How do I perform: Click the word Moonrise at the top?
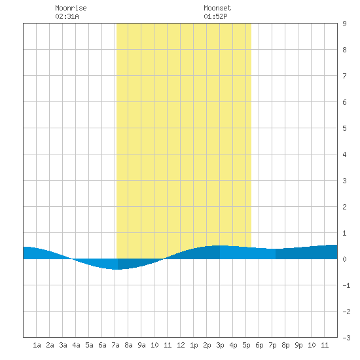pyautogui.click(x=71, y=8)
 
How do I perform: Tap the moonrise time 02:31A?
pyautogui.click(x=67, y=16)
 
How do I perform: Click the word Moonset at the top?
pyautogui.click(x=217, y=8)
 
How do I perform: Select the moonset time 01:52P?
pyautogui.click(x=215, y=16)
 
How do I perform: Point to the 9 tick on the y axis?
pyautogui.click(x=344, y=24)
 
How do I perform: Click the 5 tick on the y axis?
pyautogui.click(x=344, y=128)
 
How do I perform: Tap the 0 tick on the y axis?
pyautogui.click(x=344, y=259)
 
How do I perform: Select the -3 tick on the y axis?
pyautogui.click(x=346, y=338)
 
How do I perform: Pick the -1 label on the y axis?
pyautogui.click(x=346, y=285)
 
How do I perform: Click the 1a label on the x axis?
pyautogui.click(x=37, y=345)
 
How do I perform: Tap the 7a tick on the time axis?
pyautogui.click(x=115, y=345)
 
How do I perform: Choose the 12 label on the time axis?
pyautogui.click(x=181, y=345)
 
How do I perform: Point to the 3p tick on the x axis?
pyautogui.click(x=220, y=345)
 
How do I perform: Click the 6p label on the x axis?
pyautogui.click(x=259, y=345)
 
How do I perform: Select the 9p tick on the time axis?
pyautogui.click(x=298, y=345)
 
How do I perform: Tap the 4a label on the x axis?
pyautogui.click(x=76, y=345)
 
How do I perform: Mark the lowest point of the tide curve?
pyautogui.click(x=118, y=269)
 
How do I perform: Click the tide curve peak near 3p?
pyautogui.click(x=220, y=245)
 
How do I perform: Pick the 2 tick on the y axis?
pyautogui.click(x=344, y=207)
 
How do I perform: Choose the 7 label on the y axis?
pyautogui.click(x=344, y=76)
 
